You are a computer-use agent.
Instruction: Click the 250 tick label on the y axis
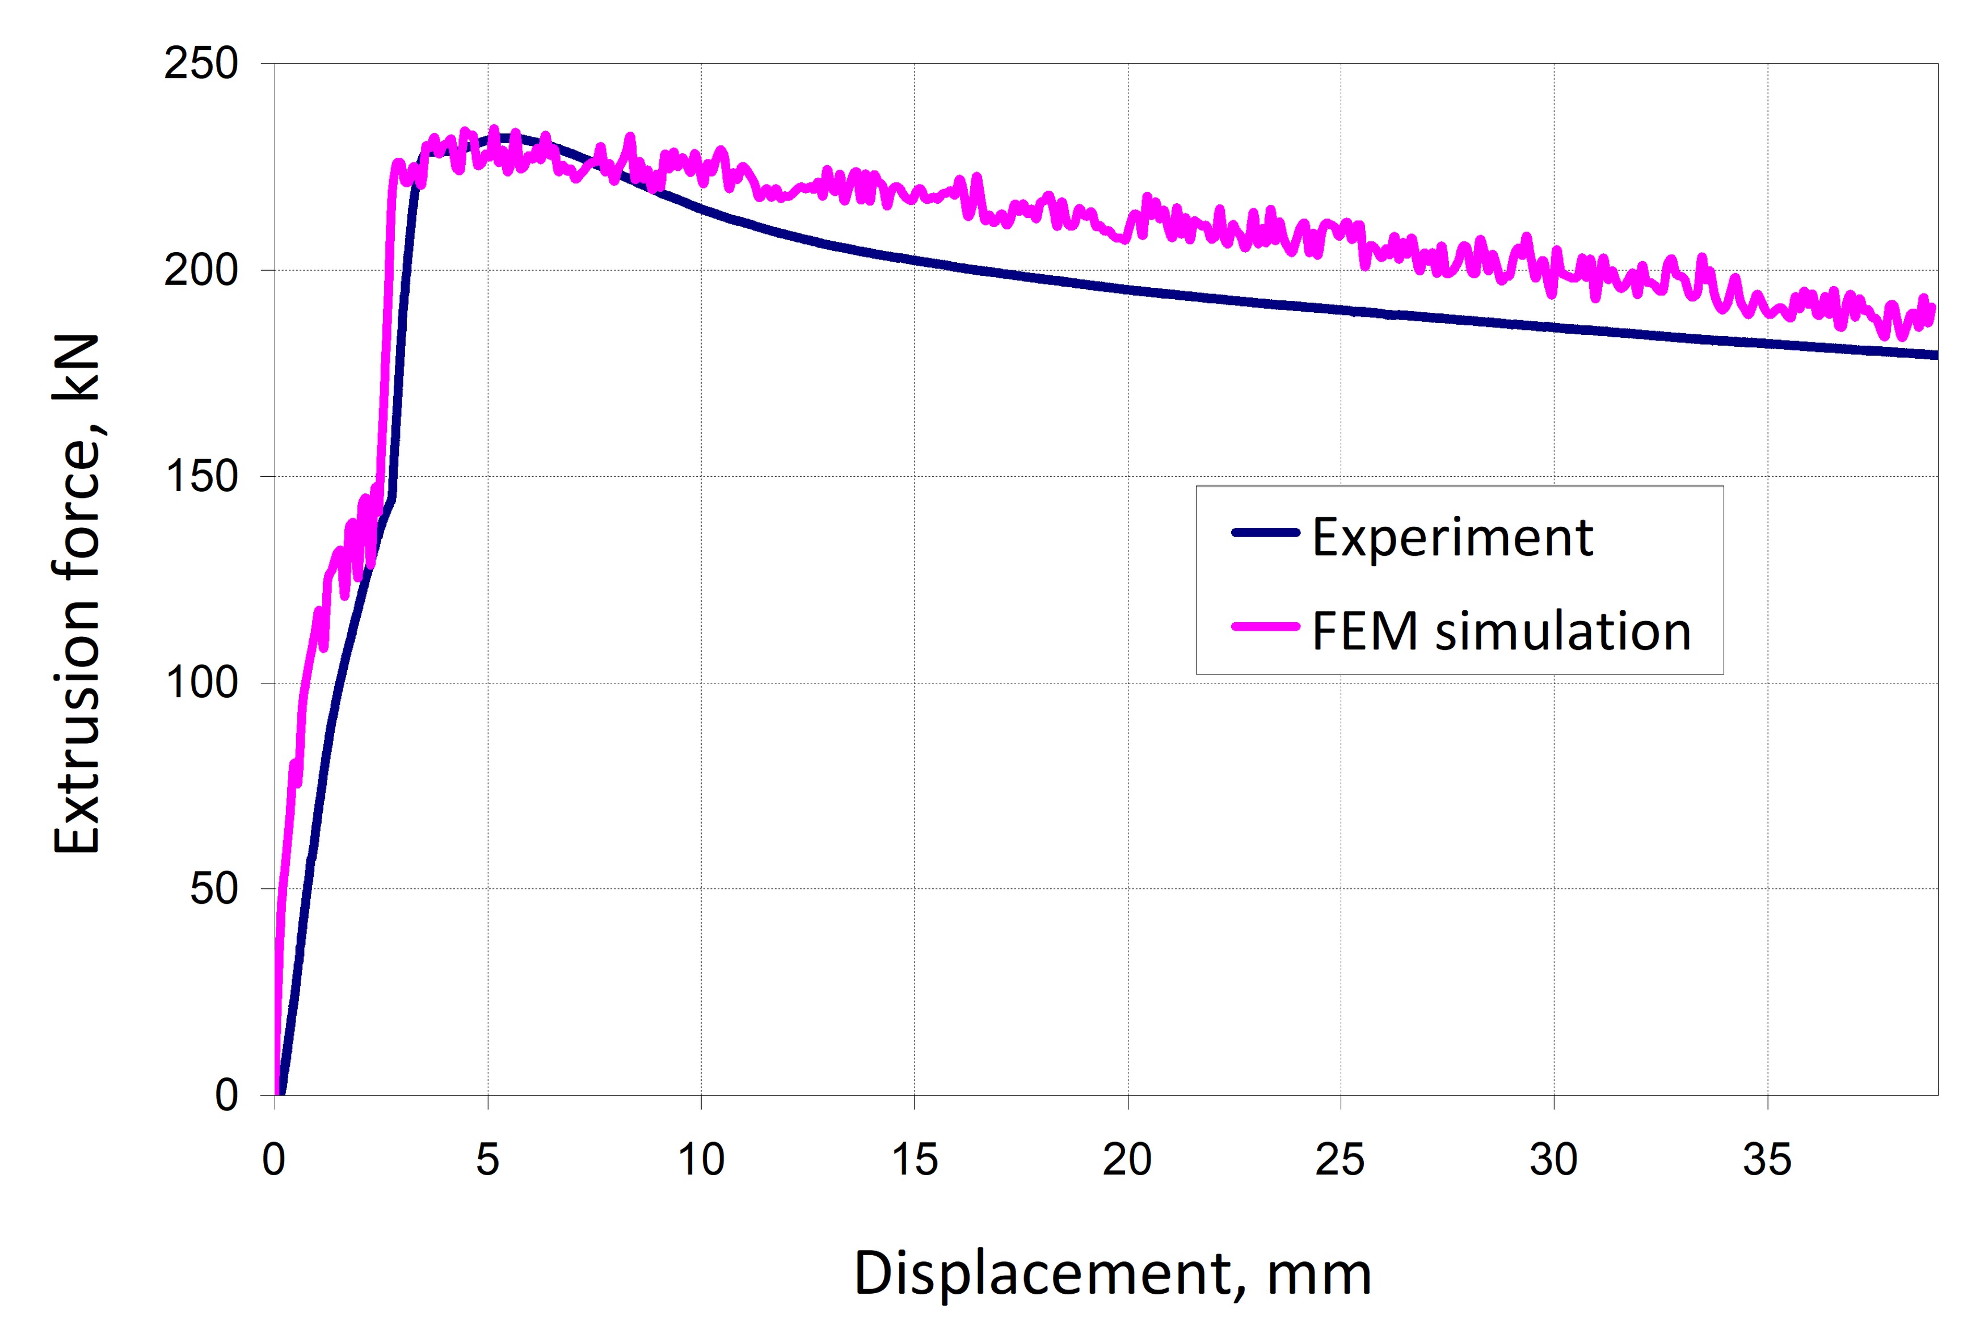201,64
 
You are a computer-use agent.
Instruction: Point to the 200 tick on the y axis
201,270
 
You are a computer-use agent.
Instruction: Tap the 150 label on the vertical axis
201,477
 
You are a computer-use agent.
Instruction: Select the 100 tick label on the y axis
201,683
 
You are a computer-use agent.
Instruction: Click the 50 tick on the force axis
214,889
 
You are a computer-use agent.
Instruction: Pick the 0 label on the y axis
226,1095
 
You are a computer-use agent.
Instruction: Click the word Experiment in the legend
1452,538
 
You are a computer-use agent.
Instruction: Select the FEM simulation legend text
1501,631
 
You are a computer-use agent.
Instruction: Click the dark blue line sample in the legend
1265,532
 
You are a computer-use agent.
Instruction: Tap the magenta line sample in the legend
1265,626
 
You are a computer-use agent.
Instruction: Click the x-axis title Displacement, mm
1113,1273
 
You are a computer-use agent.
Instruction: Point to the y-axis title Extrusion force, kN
78,594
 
